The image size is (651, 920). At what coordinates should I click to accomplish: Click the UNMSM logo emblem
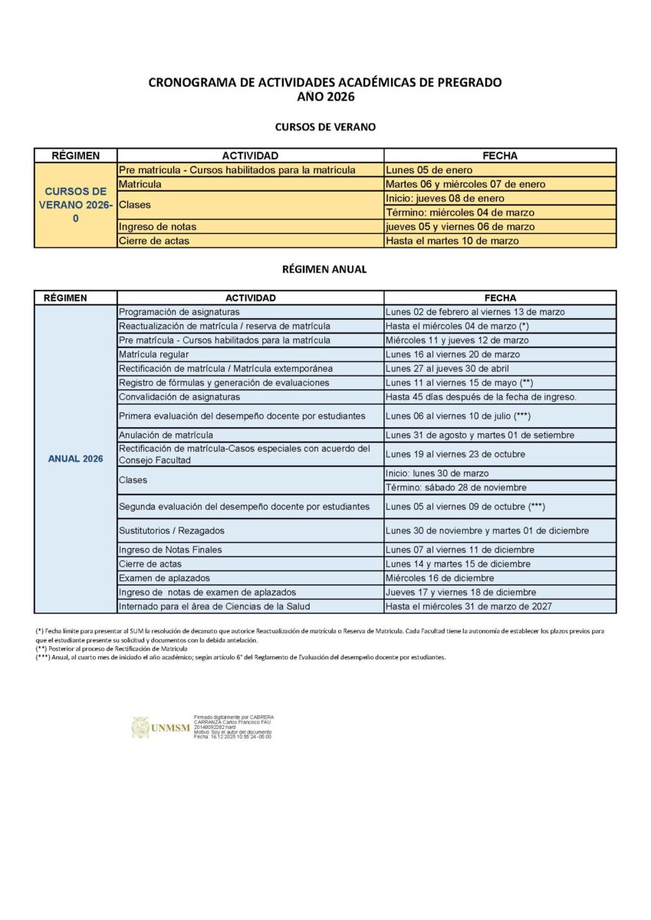(141, 728)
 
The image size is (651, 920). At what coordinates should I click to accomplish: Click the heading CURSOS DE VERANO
(325, 127)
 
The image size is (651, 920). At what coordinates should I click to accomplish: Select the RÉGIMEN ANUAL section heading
(325, 269)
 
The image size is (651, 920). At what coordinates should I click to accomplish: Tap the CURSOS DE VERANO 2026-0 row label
(76, 205)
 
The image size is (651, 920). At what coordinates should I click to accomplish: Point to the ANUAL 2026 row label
(76, 459)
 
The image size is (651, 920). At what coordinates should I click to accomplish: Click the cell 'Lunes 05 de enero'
(429, 170)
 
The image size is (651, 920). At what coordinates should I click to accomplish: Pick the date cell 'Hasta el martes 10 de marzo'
(452, 241)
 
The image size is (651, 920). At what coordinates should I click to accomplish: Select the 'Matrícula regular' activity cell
(153, 354)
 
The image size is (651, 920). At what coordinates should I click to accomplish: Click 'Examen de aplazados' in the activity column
(164, 578)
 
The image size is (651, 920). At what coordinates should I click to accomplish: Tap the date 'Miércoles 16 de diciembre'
(440, 578)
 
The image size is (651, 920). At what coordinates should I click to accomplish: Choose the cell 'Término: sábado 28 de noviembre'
(456, 488)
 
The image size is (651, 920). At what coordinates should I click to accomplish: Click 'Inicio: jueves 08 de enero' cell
(446, 199)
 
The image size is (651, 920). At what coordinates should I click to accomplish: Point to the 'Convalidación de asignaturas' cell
(179, 397)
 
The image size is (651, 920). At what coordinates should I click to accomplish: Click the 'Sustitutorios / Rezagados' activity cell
(172, 531)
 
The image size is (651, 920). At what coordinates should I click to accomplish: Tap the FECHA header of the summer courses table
(500, 156)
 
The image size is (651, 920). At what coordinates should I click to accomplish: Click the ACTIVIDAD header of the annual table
(250, 297)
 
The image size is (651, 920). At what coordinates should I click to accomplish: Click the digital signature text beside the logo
(233, 727)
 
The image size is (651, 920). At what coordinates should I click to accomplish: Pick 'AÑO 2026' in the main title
(325, 97)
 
